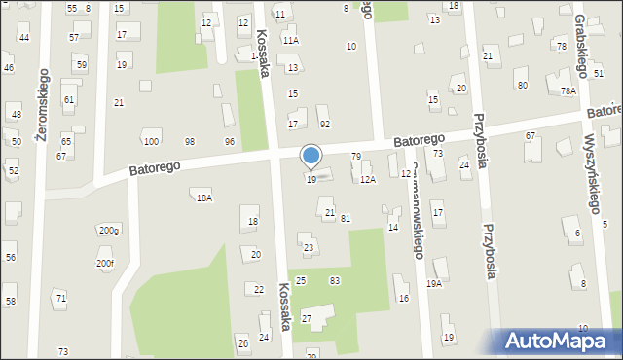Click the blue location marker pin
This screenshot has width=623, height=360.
click(x=311, y=157)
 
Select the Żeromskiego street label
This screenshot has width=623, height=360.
click(x=42, y=106)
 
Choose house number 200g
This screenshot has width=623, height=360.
click(x=108, y=231)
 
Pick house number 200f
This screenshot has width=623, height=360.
click(x=105, y=263)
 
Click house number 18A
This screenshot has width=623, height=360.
click(x=203, y=198)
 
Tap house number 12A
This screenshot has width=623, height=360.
click(x=368, y=180)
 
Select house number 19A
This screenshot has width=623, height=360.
click(x=434, y=284)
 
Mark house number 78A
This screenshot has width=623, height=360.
click(x=568, y=90)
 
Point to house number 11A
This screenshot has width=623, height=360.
click(x=290, y=41)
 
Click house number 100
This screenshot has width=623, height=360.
click(x=151, y=143)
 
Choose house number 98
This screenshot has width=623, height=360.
click(x=190, y=143)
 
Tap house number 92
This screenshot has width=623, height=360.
click(x=325, y=124)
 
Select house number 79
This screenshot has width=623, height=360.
click(x=356, y=157)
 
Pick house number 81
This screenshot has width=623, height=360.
click(x=346, y=218)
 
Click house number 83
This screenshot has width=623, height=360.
click(x=335, y=280)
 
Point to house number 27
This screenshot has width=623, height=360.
click(x=306, y=319)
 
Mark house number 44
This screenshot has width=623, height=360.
click(x=23, y=38)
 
